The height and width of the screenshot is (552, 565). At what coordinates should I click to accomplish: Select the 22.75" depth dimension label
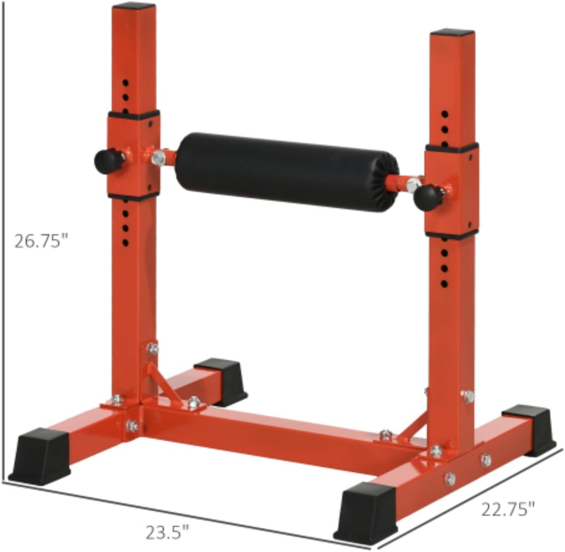[508, 509]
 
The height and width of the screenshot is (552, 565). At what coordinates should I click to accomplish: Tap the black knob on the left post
[105, 159]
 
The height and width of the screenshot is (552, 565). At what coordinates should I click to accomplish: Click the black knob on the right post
[426, 198]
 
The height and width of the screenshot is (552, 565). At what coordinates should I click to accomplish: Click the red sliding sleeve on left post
[134, 156]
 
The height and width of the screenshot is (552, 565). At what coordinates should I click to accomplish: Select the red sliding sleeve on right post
[452, 191]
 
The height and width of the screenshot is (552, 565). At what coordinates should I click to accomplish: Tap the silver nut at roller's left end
[157, 157]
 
